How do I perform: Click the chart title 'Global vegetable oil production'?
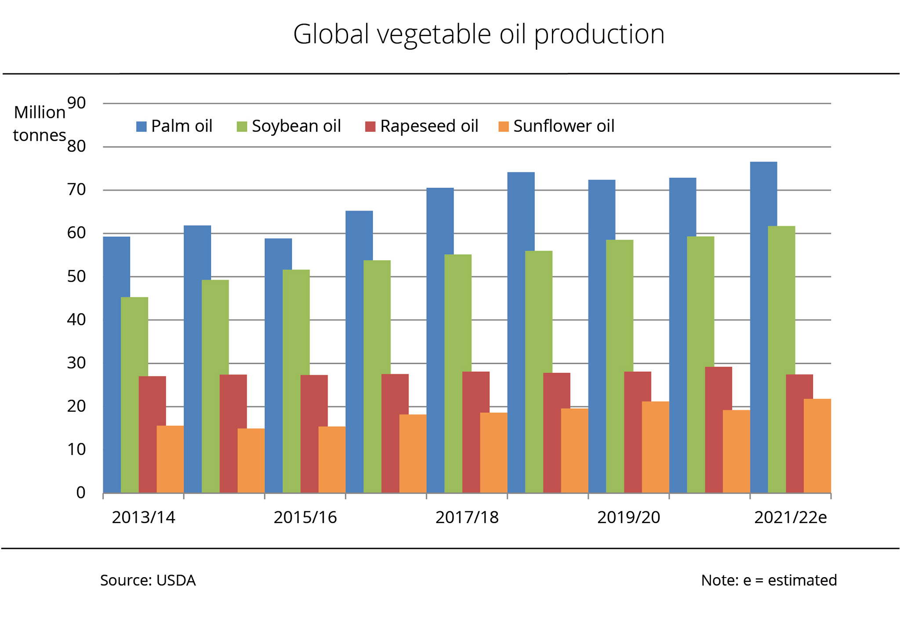tap(479, 34)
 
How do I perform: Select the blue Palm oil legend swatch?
tap(141, 127)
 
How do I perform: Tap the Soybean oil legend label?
tap(296, 126)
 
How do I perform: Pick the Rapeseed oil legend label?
tap(429, 126)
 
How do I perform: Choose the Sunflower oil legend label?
tap(563, 126)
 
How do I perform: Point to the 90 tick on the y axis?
tap(76, 103)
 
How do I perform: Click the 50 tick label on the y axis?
tap(76, 276)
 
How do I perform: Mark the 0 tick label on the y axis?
tap(81, 493)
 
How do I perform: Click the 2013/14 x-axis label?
tap(143, 518)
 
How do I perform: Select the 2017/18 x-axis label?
tap(467, 518)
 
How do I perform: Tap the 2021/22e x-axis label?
tap(790, 518)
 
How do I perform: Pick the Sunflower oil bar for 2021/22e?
tap(817, 446)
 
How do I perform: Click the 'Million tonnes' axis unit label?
tap(40, 124)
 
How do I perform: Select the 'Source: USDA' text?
tap(148, 581)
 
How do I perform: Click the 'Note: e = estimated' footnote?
tap(769, 581)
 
